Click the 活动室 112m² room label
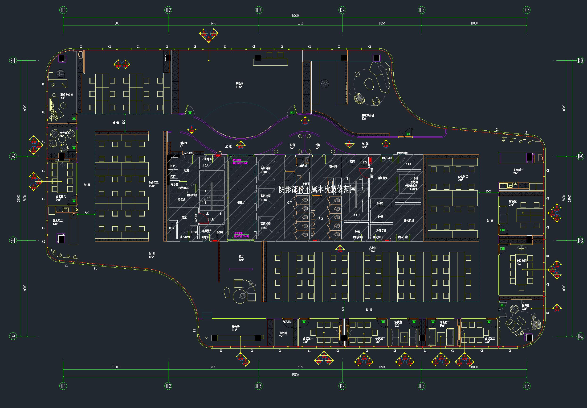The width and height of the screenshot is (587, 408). (x=239, y=85)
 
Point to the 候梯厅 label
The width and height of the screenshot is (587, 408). (x=241, y=202)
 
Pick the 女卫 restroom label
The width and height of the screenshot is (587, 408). (x=290, y=203)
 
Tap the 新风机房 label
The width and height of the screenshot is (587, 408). (x=408, y=221)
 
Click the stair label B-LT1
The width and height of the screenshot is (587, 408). (x=356, y=215)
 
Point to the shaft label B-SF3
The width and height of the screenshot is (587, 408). (x=380, y=204)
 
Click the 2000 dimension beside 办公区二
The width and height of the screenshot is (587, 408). (x=488, y=191)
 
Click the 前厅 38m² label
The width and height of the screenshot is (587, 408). (x=241, y=258)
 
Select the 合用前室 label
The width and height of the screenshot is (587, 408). (x=383, y=178)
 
